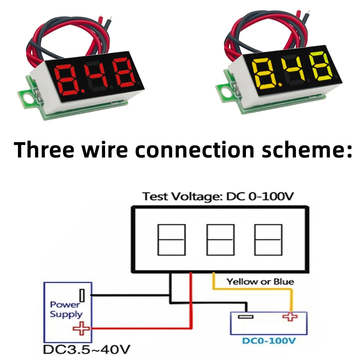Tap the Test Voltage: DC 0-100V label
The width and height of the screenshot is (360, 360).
(x=218, y=197)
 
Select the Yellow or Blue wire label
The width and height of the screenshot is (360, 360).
(x=260, y=282)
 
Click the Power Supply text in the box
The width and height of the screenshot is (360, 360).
(x=66, y=310)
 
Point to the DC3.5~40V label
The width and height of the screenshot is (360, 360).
(x=86, y=350)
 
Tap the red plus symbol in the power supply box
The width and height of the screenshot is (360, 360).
(x=81, y=328)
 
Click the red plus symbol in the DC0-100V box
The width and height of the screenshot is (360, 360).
(x=290, y=317)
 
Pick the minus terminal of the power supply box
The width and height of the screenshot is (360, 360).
(x=82, y=296)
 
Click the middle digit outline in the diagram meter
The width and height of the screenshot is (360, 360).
(x=220, y=239)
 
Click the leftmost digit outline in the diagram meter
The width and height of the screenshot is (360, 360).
(x=171, y=239)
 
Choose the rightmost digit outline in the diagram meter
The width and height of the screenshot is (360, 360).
(x=268, y=239)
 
